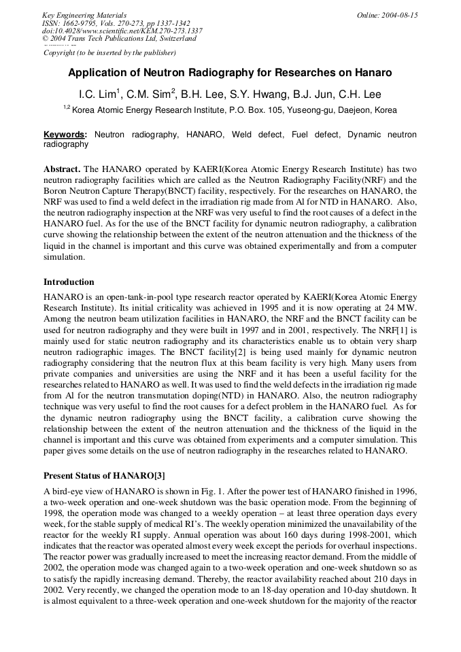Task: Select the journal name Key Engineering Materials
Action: pos(84,15)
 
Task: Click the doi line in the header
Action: pos(122,31)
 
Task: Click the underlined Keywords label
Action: pos(65,135)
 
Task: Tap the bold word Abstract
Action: pos(62,169)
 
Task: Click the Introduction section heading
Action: pos(69,282)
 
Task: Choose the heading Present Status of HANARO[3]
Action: pos(104,475)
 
